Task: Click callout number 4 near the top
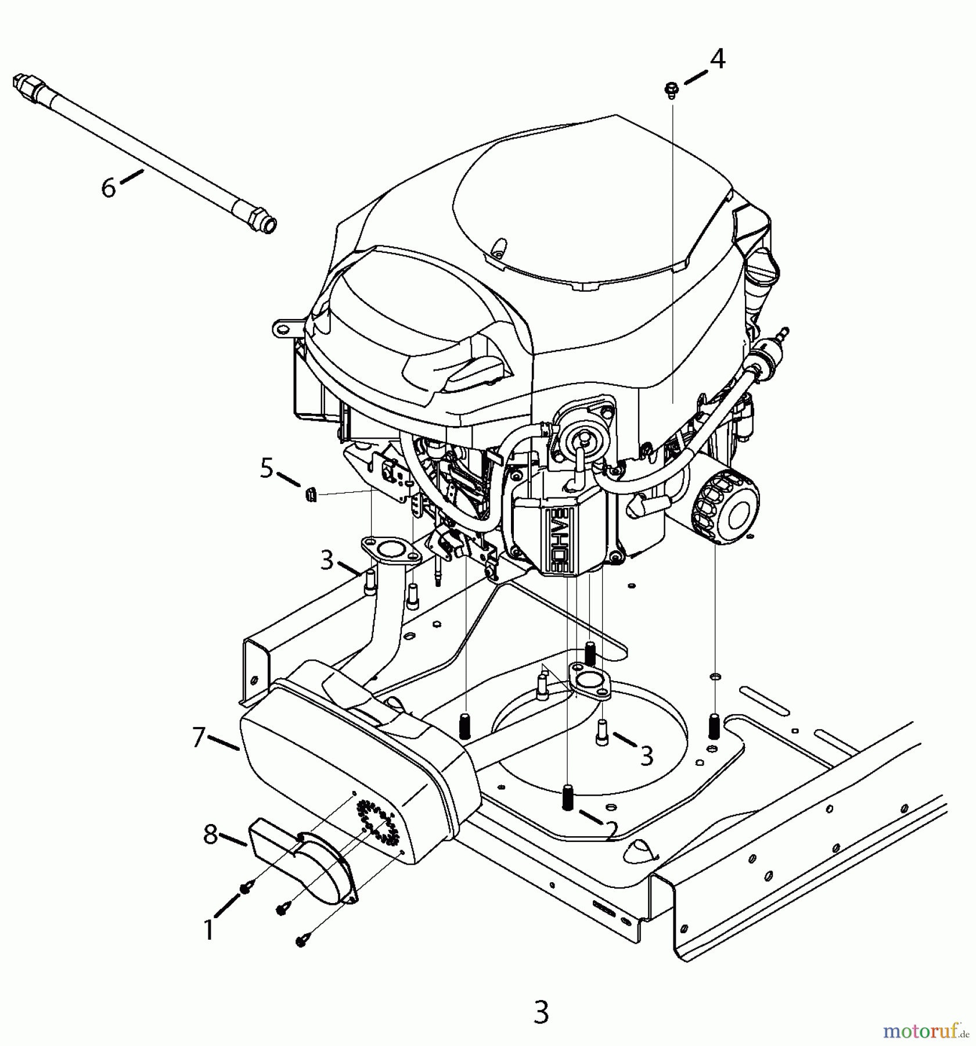tap(718, 59)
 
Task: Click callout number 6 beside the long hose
tap(109, 188)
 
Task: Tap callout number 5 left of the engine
tap(266, 468)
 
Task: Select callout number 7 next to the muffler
tap(199, 738)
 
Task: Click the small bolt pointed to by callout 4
tap(672, 89)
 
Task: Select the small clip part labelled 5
tap(311, 495)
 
